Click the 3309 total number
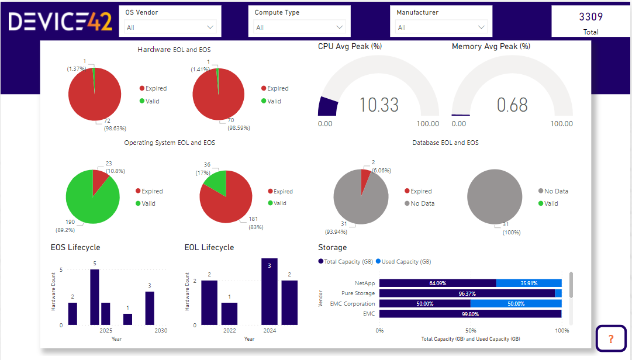[x=590, y=18]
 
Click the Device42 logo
[x=60, y=22]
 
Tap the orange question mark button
[x=610, y=338]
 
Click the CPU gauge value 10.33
[x=379, y=105]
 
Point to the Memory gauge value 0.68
[x=512, y=105]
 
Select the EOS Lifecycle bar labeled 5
[x=95, y=297]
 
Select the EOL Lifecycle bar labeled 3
[x=269, y=291]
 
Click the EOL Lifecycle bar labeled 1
[x=229, y=313]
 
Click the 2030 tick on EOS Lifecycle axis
[x=160, y=331]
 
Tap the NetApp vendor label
[x=365, y=283]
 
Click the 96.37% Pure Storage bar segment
[x=467, y=293]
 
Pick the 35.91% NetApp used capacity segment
[x=529, y=283]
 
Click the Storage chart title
[x=332, y=247]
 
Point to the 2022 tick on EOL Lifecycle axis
[x=229, y=331]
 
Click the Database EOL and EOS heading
[x=445, y=143]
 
